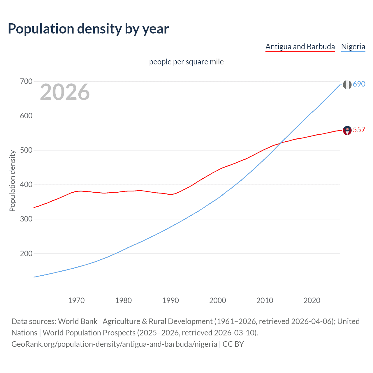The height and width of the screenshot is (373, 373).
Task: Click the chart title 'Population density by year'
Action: (x=88, y=29)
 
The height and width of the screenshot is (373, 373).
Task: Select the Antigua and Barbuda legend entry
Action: (x=300, y=47)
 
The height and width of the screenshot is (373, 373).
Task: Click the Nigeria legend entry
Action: (x=353, y=47)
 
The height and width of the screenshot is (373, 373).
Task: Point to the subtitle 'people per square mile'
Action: (x=186, y=62)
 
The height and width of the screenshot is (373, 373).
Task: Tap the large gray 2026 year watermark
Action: (x=65, y=92)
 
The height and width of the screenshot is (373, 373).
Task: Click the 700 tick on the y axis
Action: (x=26, y=81)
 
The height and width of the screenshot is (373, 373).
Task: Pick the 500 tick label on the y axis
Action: (x=26, y=150)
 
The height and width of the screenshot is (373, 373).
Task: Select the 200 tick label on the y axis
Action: (x=26, y=254)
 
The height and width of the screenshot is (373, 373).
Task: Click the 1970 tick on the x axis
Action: (x=76, y=300)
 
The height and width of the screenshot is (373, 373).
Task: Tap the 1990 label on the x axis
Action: (x=170, y=300)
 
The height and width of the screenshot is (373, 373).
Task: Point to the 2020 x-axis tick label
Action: (x=312, y=300)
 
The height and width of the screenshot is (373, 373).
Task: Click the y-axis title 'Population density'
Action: (x=12, y=181)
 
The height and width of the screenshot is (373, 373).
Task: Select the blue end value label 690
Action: (x=359, y=84)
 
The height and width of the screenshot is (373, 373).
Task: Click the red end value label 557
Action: (x=359, y=130)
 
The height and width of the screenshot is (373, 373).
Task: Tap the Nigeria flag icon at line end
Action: (x=347, y=85)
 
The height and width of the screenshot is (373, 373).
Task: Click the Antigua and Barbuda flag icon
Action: (x=347, y=130)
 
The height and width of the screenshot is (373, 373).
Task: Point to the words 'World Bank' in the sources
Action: (x=78, y=321)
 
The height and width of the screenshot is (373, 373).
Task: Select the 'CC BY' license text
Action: (x=233, y=344)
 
